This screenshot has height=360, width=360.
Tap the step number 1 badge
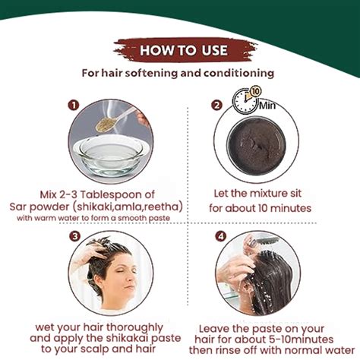coord(74,105)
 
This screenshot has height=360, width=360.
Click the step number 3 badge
coord(74,236)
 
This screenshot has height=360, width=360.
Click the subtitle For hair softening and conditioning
coord(179,74)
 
